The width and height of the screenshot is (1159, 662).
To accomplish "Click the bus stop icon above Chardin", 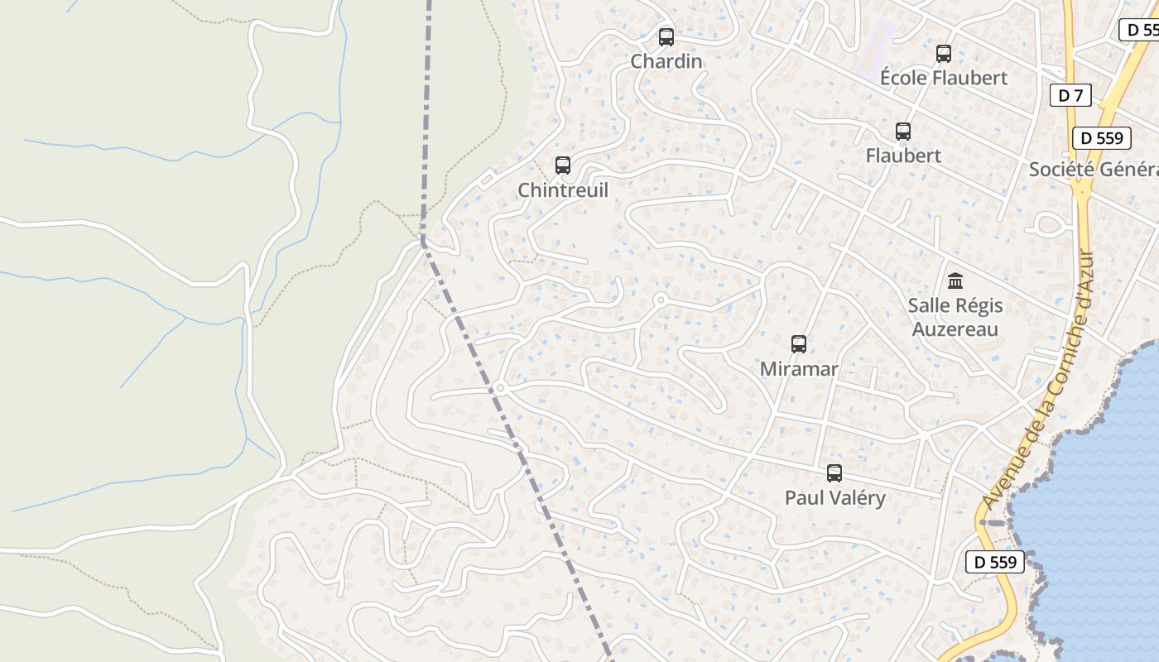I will (666, 37).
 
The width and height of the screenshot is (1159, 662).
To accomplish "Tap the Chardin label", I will (666, 61).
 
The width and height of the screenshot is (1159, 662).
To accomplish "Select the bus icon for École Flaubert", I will (943, 54).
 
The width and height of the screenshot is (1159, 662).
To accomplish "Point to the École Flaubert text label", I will (943, 78).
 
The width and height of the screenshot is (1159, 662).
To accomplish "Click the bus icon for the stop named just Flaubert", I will (903, 132).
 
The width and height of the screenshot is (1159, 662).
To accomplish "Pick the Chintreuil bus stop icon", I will (563, 165).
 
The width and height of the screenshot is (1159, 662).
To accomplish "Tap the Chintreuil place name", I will (563, 190).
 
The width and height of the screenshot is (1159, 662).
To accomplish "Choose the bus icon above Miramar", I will (799, 344).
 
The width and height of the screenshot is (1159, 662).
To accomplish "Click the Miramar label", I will (799, 369).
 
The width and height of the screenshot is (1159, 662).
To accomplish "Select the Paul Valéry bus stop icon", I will (834, 473).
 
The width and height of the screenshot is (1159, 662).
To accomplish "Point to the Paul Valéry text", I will (834, 498).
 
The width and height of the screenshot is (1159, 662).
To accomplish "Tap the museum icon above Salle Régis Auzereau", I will (955, 281).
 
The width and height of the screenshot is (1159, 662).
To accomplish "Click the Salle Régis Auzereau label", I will (955, 317).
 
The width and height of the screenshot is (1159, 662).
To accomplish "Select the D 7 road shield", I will (1070, 95).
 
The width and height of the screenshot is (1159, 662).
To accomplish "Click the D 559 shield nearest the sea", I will (995, 562).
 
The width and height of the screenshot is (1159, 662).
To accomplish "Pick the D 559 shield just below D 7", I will (1101, 138).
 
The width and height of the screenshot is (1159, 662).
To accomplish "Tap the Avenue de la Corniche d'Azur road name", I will (1038, 381).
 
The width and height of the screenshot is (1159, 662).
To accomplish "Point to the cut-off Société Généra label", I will (1093, 170).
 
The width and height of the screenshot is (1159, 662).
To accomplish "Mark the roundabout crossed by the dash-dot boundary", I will (500, 387).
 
